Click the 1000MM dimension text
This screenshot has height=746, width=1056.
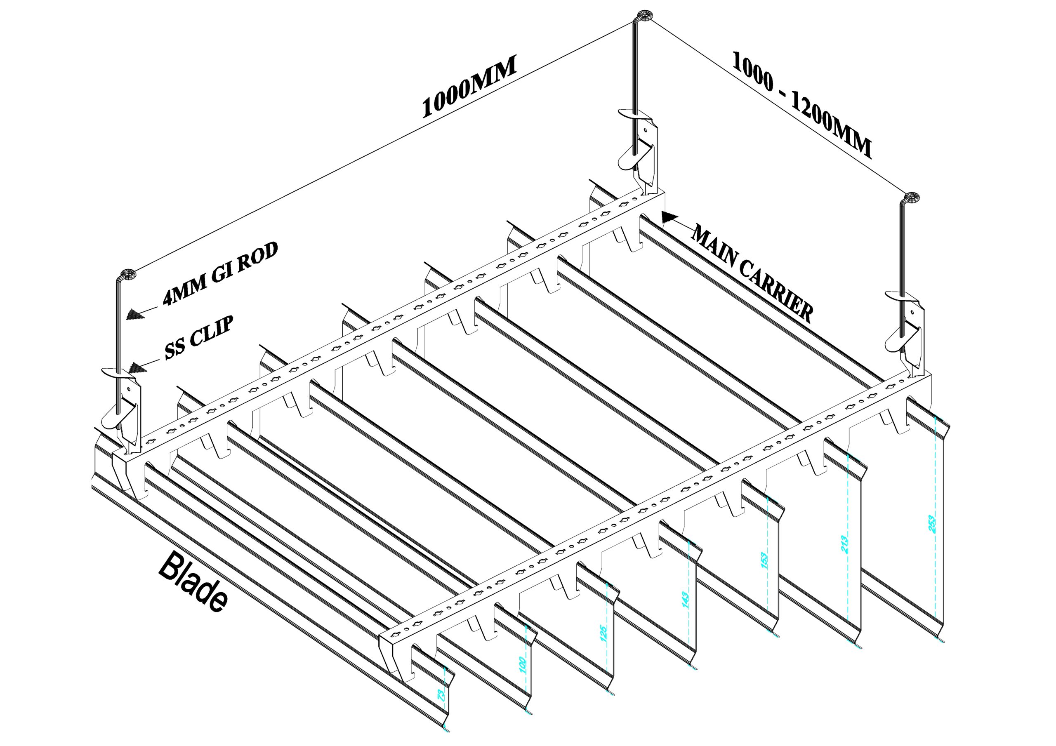[469, 87]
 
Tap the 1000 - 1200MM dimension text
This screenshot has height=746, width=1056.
[801, 106]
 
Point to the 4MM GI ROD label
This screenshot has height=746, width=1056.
[220, 274]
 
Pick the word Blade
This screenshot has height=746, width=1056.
[193, 582]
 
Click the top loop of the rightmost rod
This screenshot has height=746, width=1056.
[911, 198]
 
